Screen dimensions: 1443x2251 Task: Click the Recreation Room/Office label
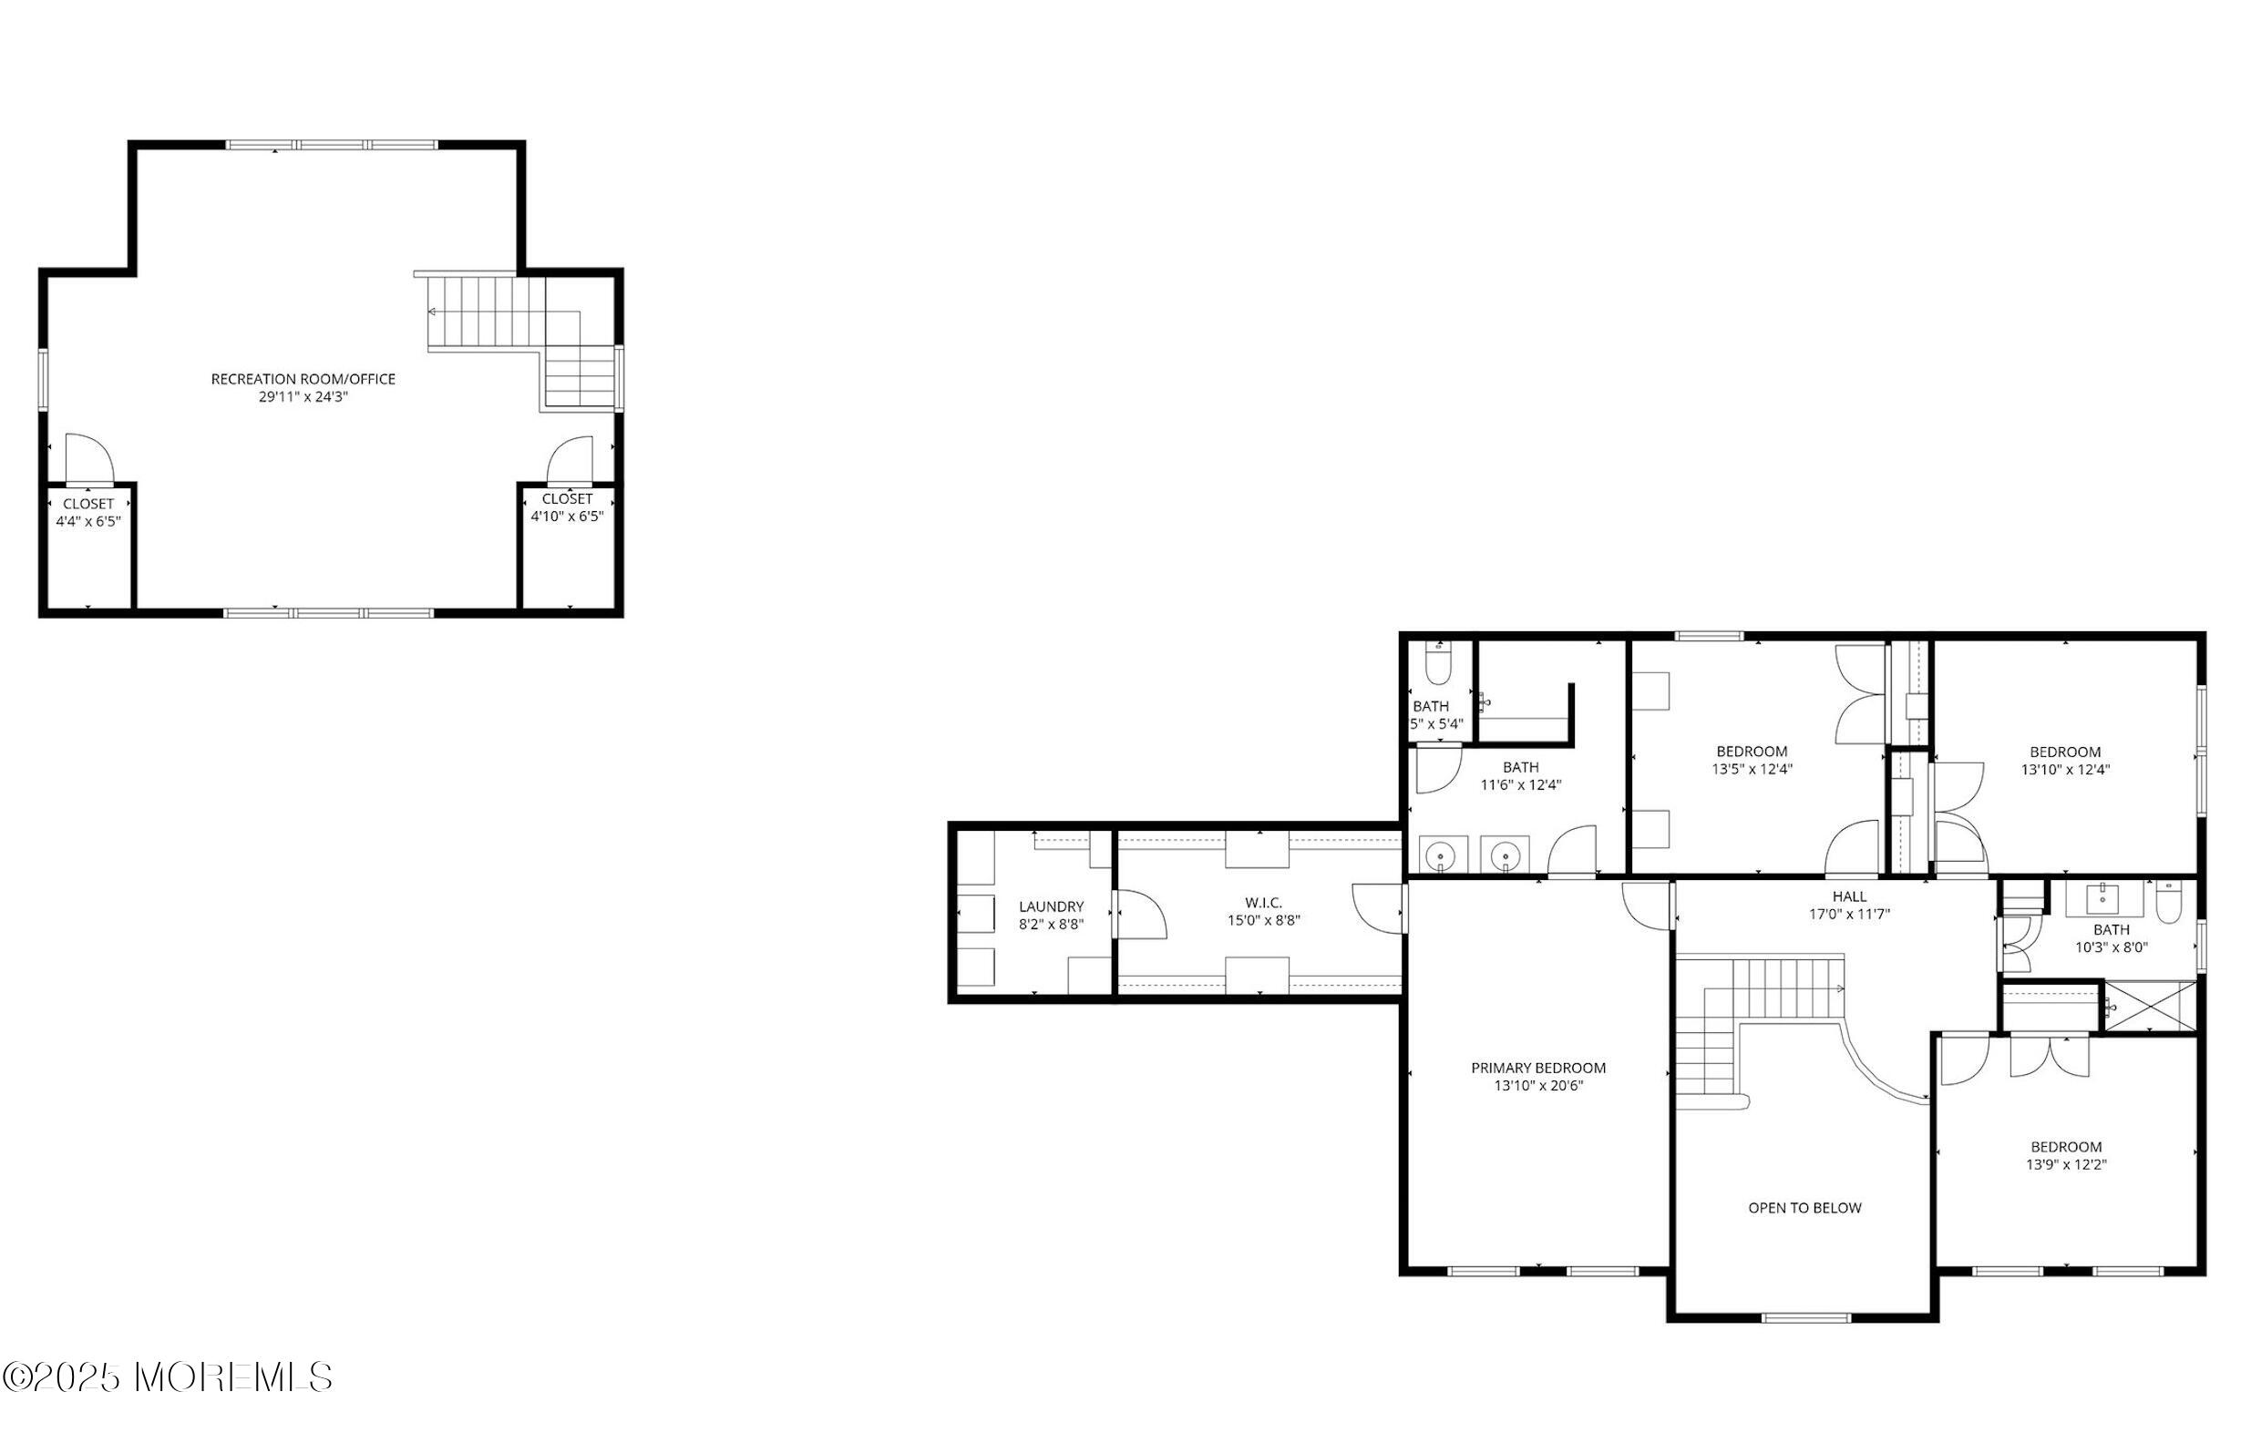point(303,380)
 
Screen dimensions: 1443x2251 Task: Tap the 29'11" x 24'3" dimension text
point(303,397)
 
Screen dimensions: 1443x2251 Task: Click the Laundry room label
point(1051,907)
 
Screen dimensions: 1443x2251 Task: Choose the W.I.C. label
point(1263,904)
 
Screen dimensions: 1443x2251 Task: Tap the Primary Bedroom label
point(1537,1069)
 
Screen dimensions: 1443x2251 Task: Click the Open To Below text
point(1804,1209)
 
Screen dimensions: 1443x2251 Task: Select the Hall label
point(1849,896)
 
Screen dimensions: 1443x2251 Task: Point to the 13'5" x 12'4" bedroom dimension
point(1752,769)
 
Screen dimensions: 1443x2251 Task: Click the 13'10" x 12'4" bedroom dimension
point(2064,770)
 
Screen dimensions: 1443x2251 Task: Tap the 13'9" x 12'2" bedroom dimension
point(2065,1165)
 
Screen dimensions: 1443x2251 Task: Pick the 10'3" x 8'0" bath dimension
point(2111,947)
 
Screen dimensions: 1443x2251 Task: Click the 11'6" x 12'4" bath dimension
point(1520,785)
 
